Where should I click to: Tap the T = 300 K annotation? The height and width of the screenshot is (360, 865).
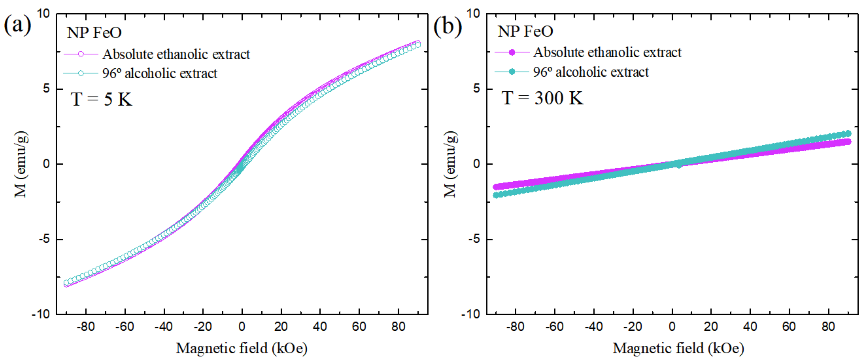(x=542, y=98)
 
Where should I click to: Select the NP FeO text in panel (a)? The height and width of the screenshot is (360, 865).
(x=94, y=33)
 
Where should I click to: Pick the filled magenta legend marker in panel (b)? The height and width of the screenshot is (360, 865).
(x=512, y=52)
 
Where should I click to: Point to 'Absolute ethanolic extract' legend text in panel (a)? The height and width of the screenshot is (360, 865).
(x=176, y=54)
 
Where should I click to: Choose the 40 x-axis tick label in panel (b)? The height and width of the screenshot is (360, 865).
(x=750, y=326)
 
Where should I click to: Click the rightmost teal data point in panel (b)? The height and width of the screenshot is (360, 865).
(x=848, y=133)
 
